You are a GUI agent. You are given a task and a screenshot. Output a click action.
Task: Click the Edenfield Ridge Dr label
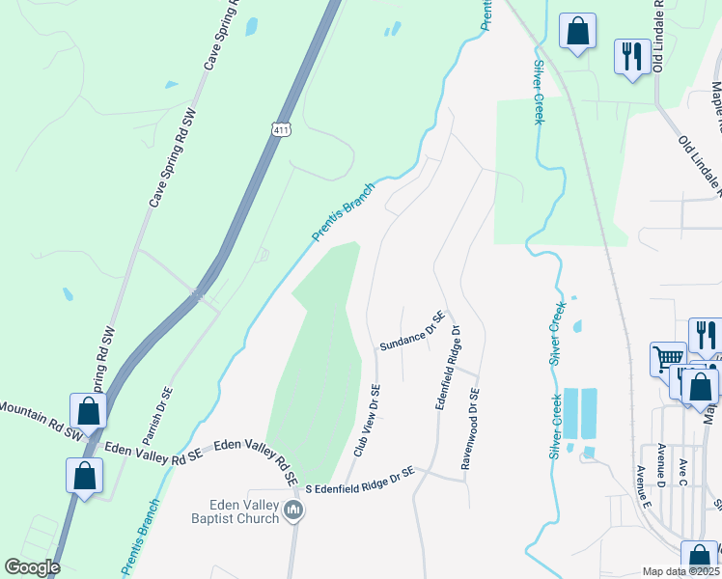449,366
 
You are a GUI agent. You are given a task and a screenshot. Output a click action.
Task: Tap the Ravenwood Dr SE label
470,428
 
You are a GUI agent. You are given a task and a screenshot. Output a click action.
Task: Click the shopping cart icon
668,358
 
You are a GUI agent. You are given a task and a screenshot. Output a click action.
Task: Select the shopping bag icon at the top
577,30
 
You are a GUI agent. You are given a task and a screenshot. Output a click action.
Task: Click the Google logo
31,567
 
